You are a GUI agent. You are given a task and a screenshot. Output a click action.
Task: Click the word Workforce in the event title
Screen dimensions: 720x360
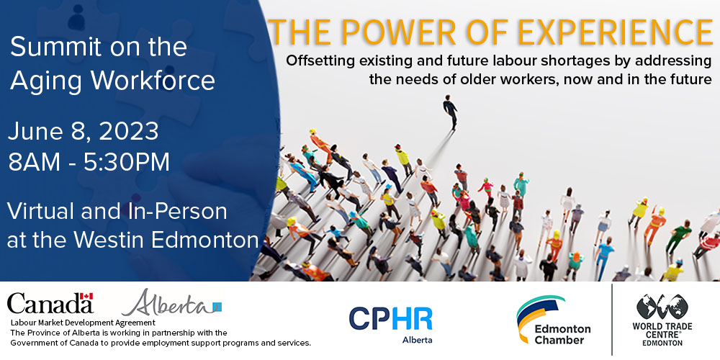153,80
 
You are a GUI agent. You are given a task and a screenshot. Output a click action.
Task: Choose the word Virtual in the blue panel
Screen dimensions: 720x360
40,211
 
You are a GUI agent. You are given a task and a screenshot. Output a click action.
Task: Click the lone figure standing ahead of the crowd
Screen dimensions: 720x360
451,112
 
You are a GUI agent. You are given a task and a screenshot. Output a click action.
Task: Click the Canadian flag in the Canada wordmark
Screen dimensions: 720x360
86,297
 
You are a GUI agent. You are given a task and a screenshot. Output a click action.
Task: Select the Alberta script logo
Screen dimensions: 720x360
171,303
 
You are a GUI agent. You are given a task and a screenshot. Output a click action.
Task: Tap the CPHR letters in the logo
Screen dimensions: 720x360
390,319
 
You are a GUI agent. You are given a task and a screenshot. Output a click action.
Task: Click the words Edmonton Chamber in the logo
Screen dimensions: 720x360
562,334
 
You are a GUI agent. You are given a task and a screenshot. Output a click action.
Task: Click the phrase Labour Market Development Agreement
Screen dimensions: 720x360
83,323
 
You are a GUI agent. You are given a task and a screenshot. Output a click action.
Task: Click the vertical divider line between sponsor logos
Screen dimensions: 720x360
612,320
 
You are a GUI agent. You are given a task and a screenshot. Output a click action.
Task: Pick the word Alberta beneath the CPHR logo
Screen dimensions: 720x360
417,341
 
